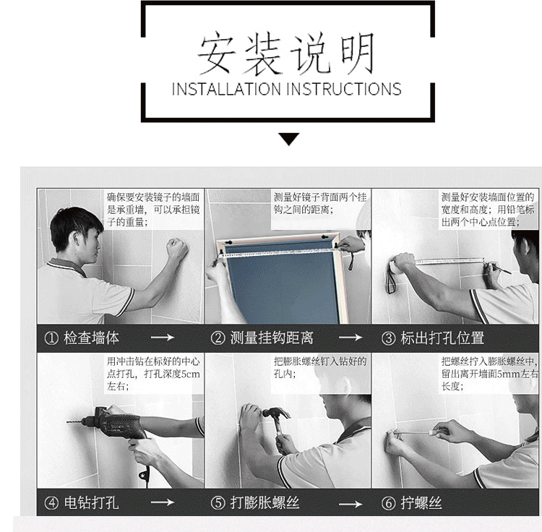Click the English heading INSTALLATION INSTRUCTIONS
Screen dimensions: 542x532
click(x=287, y=89)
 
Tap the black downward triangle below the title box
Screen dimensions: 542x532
click(x=288, y=139)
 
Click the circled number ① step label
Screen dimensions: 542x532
click(x=51, y=338)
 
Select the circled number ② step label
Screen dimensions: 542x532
click(x=218, y=338)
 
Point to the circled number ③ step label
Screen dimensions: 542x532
click(x=388, y=338)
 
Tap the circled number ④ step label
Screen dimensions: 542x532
click(x=51, y=503)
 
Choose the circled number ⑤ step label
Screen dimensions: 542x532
click(x=218, y=503)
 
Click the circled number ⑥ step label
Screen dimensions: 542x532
click(x=388, y=503)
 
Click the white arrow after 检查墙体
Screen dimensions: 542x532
click(x=163, y=337)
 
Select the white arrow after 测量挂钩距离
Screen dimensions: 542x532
click(x=350, y=337)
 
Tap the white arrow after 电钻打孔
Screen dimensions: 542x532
click(x=163, y=502)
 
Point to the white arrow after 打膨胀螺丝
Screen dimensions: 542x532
click(x=350, y=504)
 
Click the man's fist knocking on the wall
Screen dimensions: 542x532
click(x=177, y=248)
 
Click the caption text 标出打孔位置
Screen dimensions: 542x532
click(x=442, y=338)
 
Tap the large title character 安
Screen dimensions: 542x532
click(x=216, y=53)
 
